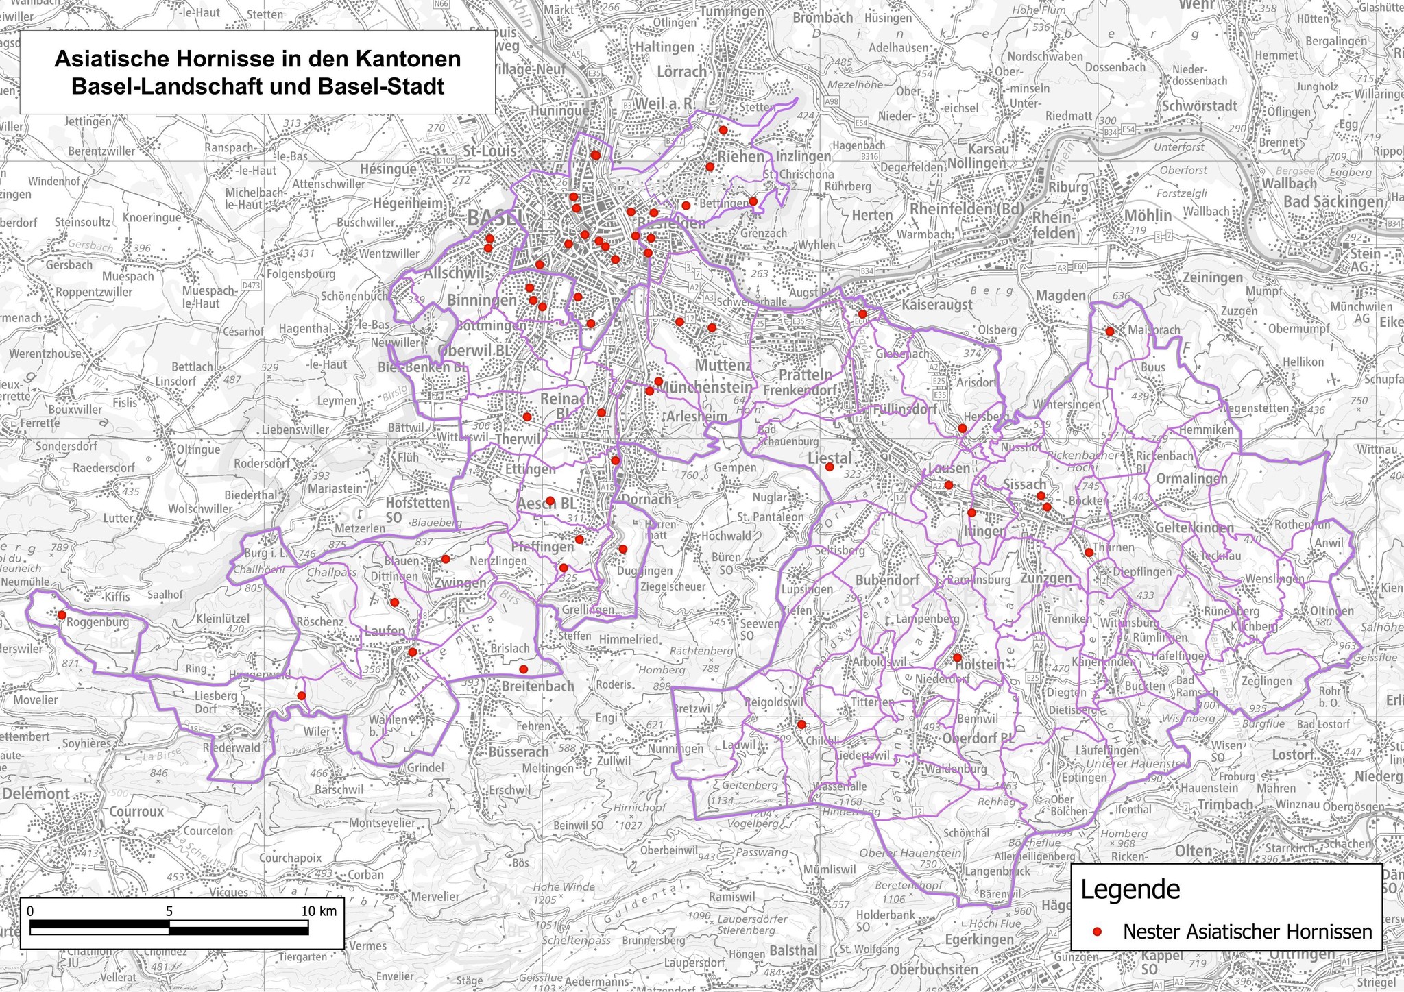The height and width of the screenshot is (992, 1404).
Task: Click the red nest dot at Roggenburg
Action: (x=61, y=615)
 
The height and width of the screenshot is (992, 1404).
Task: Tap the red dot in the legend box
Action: (x=1097, y=932)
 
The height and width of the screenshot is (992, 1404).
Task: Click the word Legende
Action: (x=1130, y=890)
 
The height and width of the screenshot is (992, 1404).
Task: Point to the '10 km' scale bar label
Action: (x=319, y=911)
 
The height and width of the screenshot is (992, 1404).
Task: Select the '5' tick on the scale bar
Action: (x=169, y=911)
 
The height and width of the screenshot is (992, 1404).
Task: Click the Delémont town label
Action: (x=36, y=793)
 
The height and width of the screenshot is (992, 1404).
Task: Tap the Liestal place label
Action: (x=830, y=457)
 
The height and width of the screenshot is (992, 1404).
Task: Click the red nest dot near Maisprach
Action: (x=1110, y=332)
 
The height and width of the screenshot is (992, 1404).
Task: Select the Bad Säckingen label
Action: (x=1333, y=201)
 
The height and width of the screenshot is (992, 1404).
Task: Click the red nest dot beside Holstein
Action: (x=957, y=658)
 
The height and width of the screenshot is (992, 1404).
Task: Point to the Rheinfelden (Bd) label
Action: (x=967, y=209)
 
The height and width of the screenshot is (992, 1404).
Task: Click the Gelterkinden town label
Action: (x=1194, y=528)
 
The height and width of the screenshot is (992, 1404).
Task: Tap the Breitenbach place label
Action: (x=538, y=686)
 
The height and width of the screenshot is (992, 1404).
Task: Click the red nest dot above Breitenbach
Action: (x=524, y=669)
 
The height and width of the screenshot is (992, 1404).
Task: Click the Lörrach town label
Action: (x=681, y=71)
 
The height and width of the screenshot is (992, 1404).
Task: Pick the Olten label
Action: (x=1194, y=851)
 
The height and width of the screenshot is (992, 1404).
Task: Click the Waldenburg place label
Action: (x=956, y=769)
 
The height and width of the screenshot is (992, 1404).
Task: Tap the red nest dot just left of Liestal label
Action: (x=829, y=467)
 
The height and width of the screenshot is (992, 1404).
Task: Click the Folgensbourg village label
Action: (x=302, y=274)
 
